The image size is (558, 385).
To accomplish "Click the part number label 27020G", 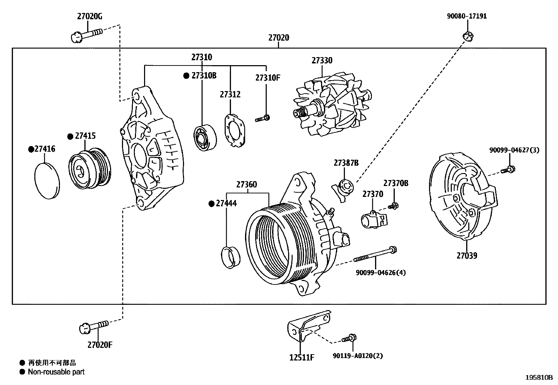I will tap(90, 16).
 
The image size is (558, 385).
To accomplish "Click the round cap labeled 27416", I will tap(47, 180).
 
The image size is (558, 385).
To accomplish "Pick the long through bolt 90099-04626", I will tap(375, 255).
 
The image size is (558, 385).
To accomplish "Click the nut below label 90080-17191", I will tap(468, 35).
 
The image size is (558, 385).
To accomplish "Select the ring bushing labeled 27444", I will tap(231, 257).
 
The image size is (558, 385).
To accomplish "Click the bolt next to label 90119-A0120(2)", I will tap(349, 338).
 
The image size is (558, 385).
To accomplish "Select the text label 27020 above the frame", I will tap(279, 37).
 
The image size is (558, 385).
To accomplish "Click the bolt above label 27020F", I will tap(94, 326).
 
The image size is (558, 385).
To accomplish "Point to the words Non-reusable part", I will tap(56, 372).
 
